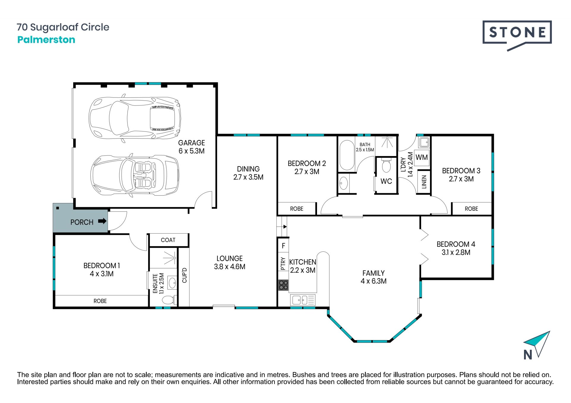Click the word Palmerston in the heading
46,40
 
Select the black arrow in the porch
102,221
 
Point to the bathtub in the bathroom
347,155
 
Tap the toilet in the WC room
386,166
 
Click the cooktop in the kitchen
283,285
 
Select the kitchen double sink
302,300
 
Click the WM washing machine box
422,158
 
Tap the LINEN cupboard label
424,182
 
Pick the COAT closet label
168,240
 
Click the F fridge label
283,246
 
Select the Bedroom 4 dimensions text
456,253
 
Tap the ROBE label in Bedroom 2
297,209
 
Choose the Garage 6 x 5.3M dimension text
192,151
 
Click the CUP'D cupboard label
184,275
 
